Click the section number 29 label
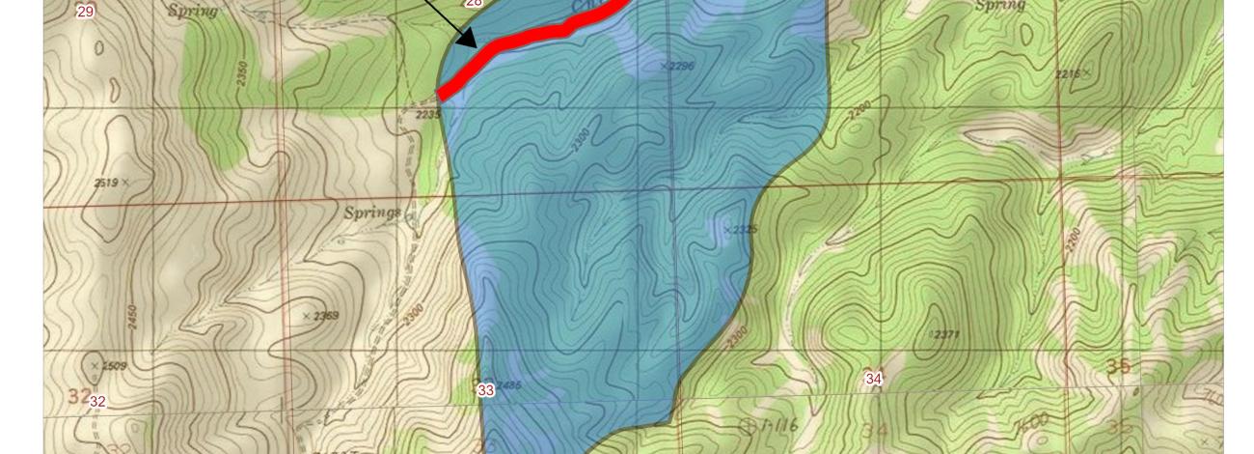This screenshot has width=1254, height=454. [86, 12]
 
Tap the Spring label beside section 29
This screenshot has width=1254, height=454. [193, 11]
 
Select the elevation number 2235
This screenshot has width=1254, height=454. [428, 114]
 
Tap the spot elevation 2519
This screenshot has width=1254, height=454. [107, 183]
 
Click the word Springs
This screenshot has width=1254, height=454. [372, 212]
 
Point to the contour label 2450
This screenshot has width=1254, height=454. [132, 316]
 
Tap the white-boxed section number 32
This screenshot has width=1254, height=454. [96, 401]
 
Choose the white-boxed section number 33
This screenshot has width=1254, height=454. [485, 390]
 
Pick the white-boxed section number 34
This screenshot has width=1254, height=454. [873, 379]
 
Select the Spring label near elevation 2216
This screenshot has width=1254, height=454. [1000, 6]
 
